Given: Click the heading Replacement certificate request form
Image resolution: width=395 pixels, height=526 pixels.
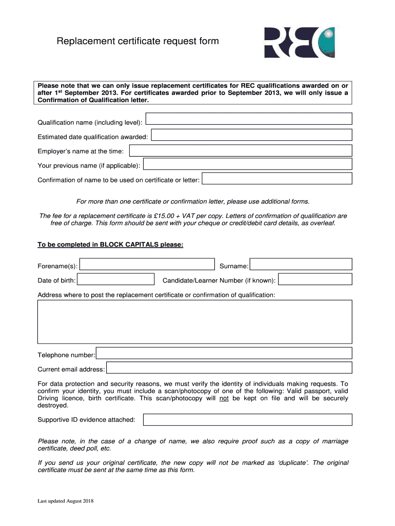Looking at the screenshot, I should [x=137, y=41].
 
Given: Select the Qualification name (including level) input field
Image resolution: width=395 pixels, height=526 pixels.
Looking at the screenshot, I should [x=249, y=119].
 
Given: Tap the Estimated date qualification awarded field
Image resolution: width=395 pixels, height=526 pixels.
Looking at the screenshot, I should [x=252, y=135].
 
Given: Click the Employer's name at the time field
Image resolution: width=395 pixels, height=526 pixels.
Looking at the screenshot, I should [x=241, y=151].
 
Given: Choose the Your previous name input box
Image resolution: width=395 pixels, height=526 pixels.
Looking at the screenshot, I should [x=248, y=164].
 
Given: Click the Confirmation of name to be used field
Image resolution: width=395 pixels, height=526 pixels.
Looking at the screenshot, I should [x=277, y=179].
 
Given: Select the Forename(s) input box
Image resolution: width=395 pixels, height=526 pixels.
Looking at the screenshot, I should [x=147, y=265].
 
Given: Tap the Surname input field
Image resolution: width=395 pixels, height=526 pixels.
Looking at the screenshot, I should [x=301, y=265].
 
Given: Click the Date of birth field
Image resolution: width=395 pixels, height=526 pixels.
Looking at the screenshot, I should [x=116, y=279].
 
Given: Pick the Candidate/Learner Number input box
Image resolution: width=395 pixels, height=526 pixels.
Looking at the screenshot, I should [x=315, y=279].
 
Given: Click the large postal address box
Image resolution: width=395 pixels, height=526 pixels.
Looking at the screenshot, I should [x=195, y=322].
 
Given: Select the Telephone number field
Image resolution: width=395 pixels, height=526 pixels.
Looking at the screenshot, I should [x=224, y=353].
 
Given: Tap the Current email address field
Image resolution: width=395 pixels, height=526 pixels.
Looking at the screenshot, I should [x=229, y=368].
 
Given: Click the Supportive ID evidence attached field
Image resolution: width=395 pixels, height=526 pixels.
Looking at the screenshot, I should [x=248, y=420].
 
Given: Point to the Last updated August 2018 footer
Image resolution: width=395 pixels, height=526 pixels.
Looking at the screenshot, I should [x=65, y=501].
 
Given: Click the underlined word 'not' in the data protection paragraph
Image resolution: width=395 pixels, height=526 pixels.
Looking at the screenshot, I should [x=224, y=398].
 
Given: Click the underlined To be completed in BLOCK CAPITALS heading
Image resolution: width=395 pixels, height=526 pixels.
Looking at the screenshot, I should [x=110, y=245].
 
